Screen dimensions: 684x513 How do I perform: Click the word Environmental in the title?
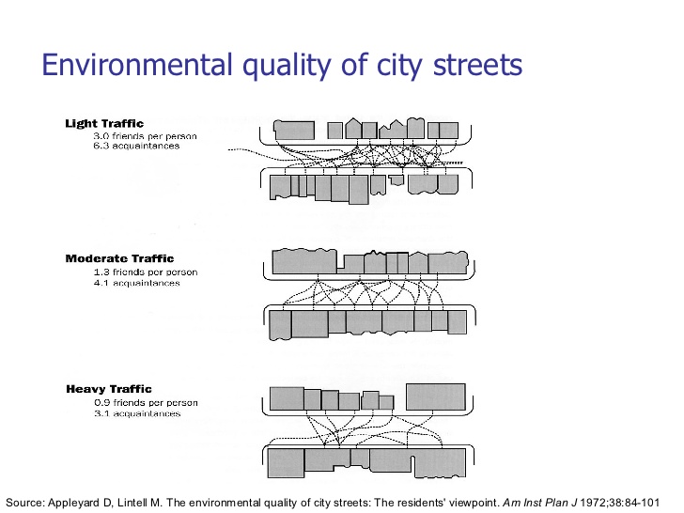pyautogui.click(x=136, y=65)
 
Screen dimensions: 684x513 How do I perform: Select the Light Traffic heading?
pyautogui.click(x=104, y=123)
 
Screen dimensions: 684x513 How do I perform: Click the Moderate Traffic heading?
pyautogui.click(x=119, y=258)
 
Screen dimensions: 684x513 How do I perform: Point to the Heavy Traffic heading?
pyautogui.click(x=109, y=389)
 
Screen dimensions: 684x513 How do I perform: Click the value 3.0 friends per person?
pyautogui.click(x=145, y=136)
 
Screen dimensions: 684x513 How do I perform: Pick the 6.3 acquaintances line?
pyautogui.click(x=136, y=146)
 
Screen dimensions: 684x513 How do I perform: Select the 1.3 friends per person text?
pyautogui.click(x=146, y=272)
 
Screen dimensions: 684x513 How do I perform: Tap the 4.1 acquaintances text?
pyautogui.click(x=136, y=283)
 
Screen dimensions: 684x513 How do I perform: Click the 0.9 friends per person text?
pyautogui.click(x=146, y=403)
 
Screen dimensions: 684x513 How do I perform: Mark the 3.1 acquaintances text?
pyautogui.click(x=137, y=413)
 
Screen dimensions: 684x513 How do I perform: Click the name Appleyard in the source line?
pyautogui.click(x=73, y=503)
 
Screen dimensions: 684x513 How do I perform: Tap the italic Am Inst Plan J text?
pyautogui.click(x=539, y=503)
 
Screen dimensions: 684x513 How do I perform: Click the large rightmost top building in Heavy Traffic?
pyautogui.click(x=436, y=396)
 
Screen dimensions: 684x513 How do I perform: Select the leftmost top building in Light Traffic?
pyautogui.click(x=294, y=130)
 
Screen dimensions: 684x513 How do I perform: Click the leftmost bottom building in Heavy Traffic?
pyautogui.click(x=287, y=463)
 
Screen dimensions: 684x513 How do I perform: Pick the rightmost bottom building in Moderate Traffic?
pyautogui.click(x=458, y=322)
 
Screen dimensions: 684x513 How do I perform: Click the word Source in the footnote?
pyautogui.click(x=24, y=503)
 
